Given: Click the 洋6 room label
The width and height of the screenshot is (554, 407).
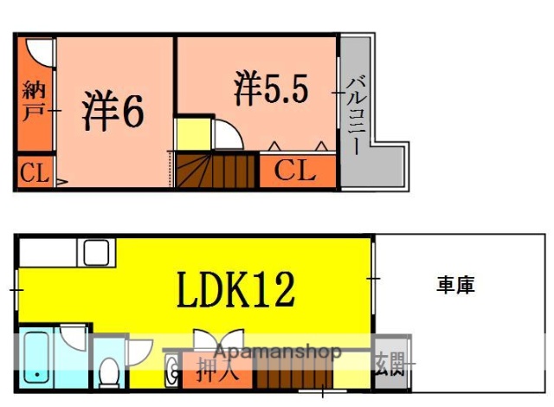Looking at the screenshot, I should pos(113,112).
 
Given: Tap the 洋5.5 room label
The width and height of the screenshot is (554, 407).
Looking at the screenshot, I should pos(271,89).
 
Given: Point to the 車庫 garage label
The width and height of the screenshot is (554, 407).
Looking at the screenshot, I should pos(454,285).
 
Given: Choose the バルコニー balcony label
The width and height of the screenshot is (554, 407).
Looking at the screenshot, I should pos(356,113).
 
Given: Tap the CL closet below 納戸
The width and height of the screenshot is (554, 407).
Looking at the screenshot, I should pos(34,173).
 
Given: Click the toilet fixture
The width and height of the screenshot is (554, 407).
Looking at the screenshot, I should pos(109,373).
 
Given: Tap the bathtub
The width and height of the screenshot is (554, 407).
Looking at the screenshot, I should pos(37,357).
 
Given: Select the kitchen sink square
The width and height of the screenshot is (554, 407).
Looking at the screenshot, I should pos(95,253).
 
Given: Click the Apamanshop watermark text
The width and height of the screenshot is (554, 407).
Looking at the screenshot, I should pos(276,352).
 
